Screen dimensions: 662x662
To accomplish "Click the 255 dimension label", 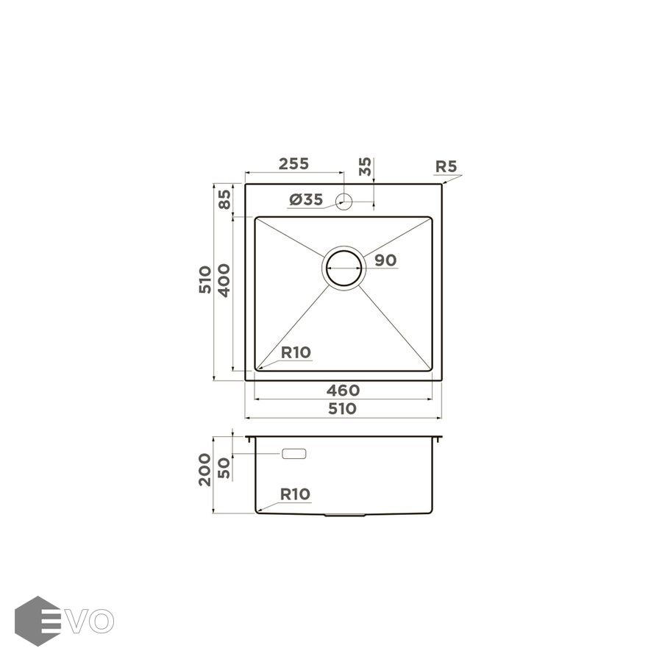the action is (x=293, y=163).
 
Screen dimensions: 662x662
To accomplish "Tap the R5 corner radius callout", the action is (x=446, y=166).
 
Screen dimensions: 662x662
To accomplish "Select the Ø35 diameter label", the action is (x=306, y=199).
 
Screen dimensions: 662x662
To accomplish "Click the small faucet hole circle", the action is (x=344, y=202).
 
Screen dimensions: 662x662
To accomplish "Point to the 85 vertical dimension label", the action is (x=224, y=199).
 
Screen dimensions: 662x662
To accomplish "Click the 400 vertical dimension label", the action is (x=224, y=281).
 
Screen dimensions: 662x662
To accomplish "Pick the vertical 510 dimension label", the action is (x=205, y=280).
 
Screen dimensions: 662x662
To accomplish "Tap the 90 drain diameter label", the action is (x=385, y=260).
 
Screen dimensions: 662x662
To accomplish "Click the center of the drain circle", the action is (x=344, y=268).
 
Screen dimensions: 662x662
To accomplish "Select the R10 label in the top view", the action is (x=296, y=352).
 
